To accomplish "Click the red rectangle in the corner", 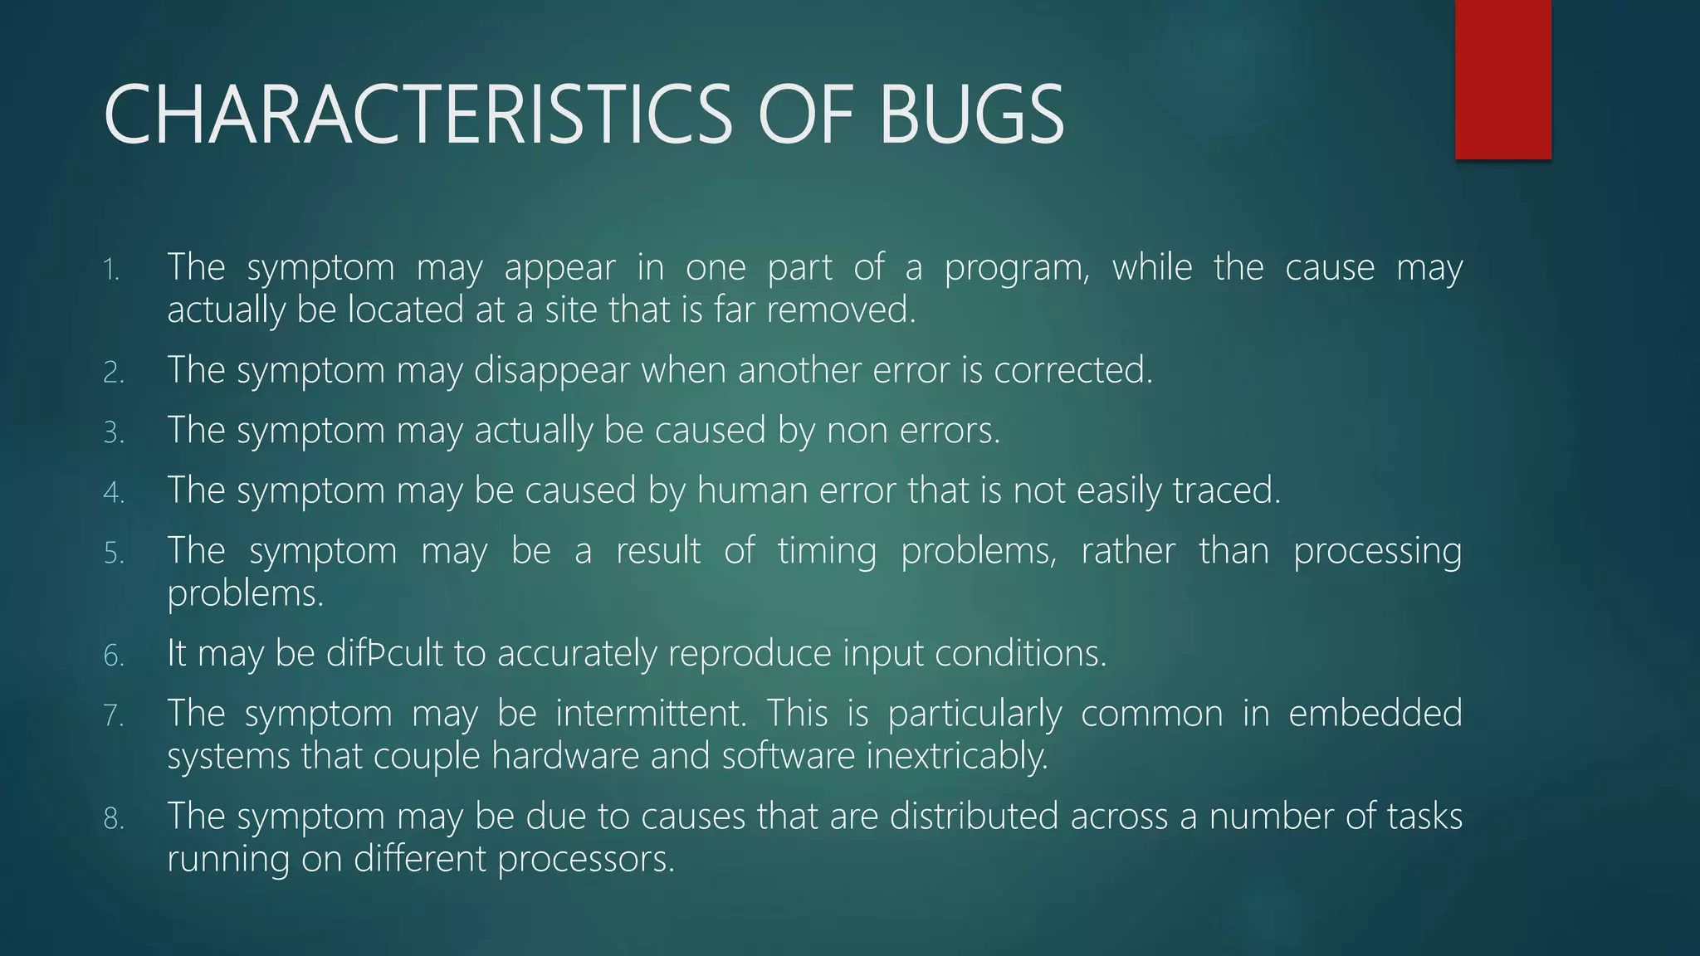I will (1502, 79).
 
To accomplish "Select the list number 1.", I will (111, 270).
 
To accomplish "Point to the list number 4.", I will (113, 492).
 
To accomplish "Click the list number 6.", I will (113, 656).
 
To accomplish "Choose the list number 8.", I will (113, 818).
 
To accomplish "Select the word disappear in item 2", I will (551, 371).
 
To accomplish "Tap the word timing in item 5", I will (827, 552).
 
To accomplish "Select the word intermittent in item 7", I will (650, 714).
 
